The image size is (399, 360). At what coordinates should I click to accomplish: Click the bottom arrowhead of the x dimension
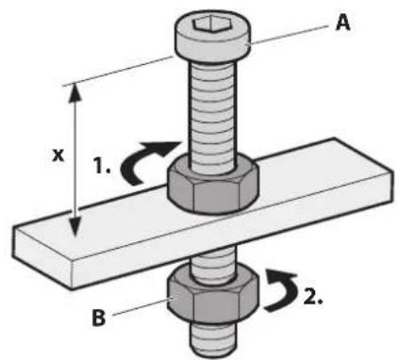76,230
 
